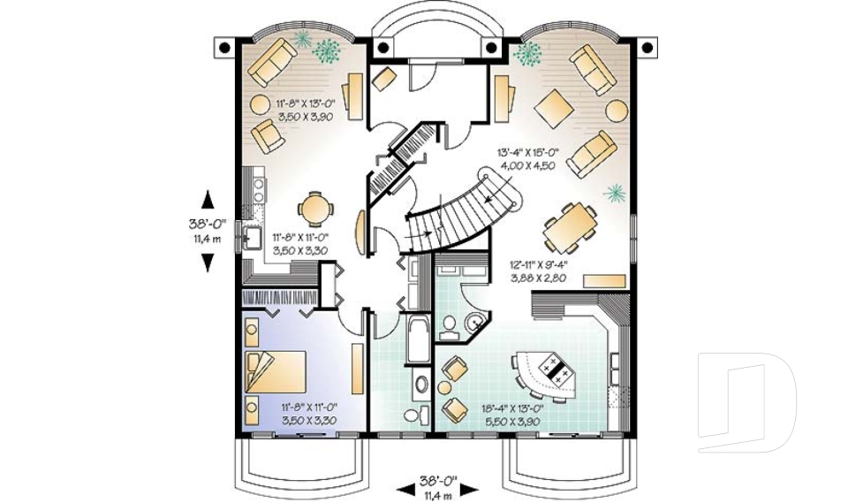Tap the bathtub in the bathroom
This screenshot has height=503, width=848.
(417, 341)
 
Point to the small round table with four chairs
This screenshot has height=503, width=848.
(314, 210)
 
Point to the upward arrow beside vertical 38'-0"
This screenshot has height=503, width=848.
(208, 199)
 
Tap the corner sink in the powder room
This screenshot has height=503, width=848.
(475, 324)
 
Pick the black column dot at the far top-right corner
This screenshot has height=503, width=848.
(647, 47)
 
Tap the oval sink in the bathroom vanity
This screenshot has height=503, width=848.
(421, 385)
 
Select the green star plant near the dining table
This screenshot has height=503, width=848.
(617, 193)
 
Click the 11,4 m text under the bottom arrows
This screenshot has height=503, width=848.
(437, 494)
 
